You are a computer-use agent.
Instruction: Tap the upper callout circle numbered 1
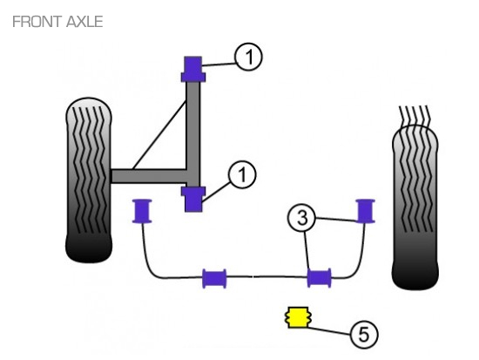coord(248,57)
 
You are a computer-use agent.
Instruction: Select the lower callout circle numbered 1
coord(242,175)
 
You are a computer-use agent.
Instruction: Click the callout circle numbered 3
coord(301,218)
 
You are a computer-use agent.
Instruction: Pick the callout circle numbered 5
coord(364,335)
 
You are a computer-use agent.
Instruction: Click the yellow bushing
coord(298,317)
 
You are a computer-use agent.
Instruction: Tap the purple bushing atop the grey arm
coord(193,69)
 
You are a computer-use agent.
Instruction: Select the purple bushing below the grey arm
coord(193,199)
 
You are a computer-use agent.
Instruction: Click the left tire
coord(89,180)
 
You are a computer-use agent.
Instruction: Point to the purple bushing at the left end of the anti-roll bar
coord(142,211)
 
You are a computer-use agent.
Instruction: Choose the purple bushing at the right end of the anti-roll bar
coord(366,211)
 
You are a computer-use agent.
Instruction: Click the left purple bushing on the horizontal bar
coord(214,278)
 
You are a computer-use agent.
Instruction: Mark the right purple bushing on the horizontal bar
coord(320,278)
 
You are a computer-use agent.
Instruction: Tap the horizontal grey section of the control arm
coord(149,176)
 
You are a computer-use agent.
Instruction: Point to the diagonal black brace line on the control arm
coord(159,135)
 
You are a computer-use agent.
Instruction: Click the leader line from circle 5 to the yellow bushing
coord(329,330)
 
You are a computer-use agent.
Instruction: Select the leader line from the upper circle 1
coord(219,65)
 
